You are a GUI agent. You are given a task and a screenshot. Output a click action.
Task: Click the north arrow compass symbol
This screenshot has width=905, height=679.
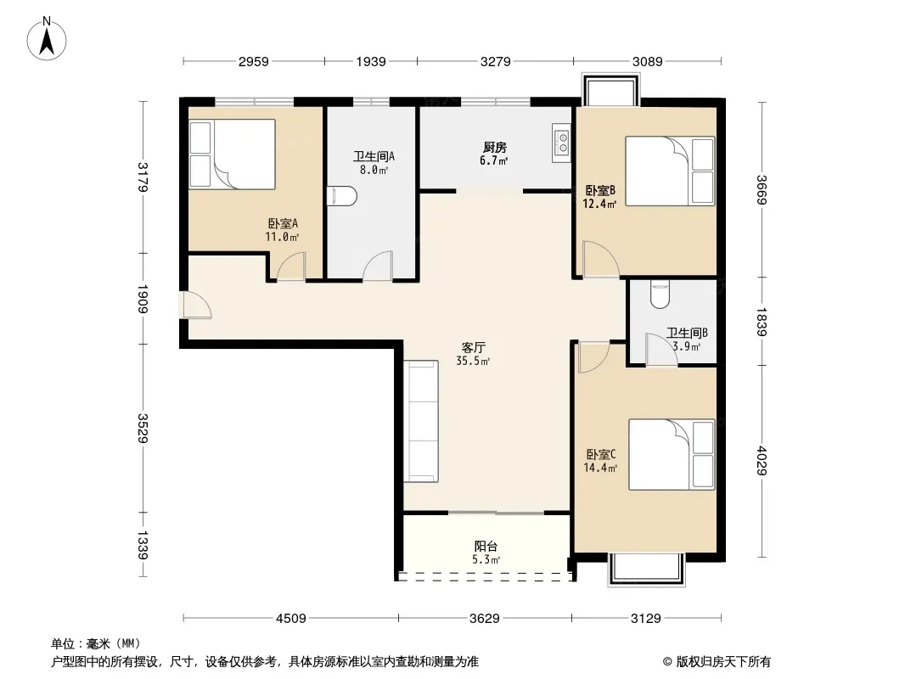coord(47,39)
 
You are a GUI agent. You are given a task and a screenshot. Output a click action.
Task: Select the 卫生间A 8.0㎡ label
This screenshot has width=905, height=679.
coord(374,163)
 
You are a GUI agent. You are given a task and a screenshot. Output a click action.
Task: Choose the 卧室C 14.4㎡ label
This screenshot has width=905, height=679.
coord(600,461)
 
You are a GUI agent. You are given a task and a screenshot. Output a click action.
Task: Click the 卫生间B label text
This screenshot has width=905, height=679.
coord(687,333)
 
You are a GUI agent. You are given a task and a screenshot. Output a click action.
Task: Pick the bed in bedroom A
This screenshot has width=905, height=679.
coord(232,154)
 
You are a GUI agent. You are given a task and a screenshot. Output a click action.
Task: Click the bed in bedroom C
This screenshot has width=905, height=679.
coord(672,455)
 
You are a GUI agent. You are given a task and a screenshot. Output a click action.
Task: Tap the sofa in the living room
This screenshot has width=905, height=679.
coord(421,421)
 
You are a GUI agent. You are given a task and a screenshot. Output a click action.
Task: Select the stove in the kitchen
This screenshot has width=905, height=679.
coord(561,143)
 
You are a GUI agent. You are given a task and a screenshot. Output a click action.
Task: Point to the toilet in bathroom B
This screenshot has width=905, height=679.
coord(660,295)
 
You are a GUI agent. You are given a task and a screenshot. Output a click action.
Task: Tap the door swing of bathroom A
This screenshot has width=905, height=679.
coord(378,266)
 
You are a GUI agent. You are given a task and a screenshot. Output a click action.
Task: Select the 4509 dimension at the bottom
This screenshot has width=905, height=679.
coord(291,619)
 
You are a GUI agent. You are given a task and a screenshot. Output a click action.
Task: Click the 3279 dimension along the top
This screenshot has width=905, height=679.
coord(495,62)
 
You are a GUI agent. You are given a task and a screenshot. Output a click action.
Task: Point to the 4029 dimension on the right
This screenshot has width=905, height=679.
coord(762,460)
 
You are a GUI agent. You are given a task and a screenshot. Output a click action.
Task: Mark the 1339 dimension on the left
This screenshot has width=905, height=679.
coord(143,545)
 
